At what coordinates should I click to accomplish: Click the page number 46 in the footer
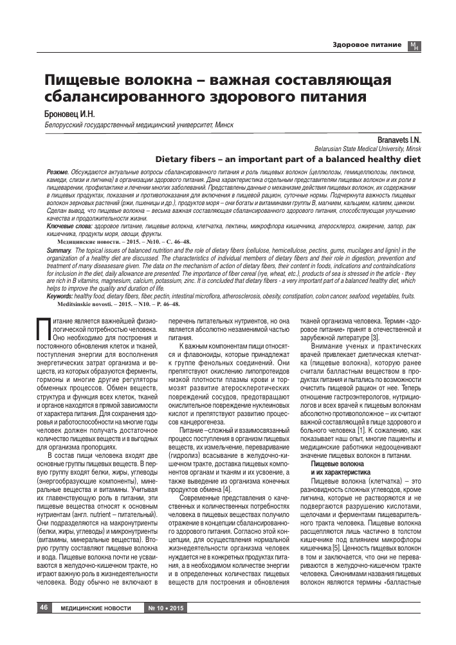click(x=44, y=607)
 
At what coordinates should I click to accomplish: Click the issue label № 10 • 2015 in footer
click(x=165, y=608)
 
